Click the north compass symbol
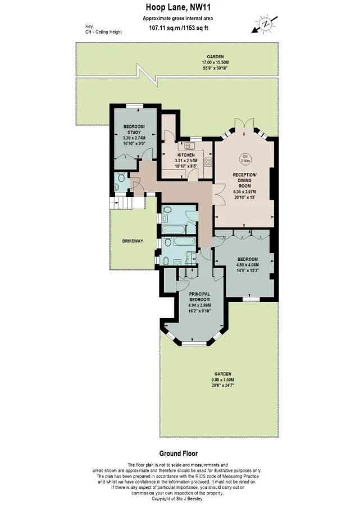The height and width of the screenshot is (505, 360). pyautogui.click(x=265, y=25)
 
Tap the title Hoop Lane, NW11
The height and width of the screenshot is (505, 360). pyautogui.click(x=178, y=7)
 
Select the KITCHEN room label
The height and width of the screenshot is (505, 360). pyautogui.click(x=186, y=155)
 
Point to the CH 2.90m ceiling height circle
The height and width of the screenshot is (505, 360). pyautogui.click(x=245, y=158)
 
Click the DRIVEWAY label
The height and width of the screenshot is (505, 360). pyautogui.click(x=133, y=241)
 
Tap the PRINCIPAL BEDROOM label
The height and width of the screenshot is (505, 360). pyautogui.click(x=199, y=297)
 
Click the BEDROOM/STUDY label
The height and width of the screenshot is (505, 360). pyautogui.click(x=134, y=130)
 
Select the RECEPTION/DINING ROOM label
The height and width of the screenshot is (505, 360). pyautogui.click(x=245, y=180)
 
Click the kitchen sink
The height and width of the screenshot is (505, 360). pyautogui.click(x=188, y=146)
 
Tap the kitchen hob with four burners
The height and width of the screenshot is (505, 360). pyautogui.click(x=208, y=163)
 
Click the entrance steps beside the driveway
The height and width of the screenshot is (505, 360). pyautogui.click(x=121, y=203)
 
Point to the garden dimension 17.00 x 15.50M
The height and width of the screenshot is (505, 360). pyautogui.click(x=215, y=62)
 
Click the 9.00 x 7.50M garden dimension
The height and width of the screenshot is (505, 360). pyautogui.click(x=223, y=379)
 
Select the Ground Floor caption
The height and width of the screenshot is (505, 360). pyautogui.click(x=178, y=453)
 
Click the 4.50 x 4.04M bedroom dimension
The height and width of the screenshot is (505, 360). pyautogui.click(x=248, y=265)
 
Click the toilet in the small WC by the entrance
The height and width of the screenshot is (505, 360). pyautogui.click(x=121, y=177)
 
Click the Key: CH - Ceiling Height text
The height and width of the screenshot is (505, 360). pyautogui.click(x=103, y=29)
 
